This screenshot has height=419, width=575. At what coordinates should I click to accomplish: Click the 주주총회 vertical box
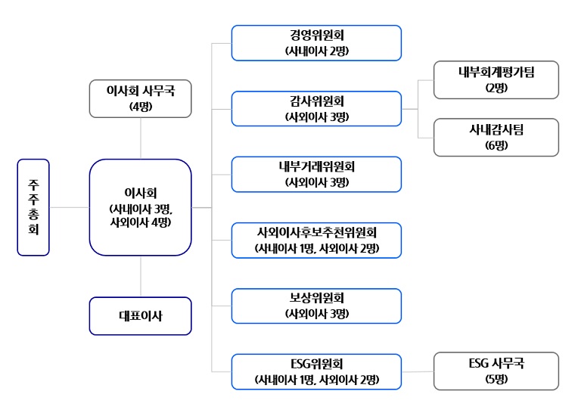point(33,207)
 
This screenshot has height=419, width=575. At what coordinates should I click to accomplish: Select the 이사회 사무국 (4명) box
point(141,98)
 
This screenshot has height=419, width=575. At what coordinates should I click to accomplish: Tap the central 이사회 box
point(141,207)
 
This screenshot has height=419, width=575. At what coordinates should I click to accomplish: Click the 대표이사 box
point(141,315)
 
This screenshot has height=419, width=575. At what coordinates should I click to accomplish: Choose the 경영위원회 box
point(316,43)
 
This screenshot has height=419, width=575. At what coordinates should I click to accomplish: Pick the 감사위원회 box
point(316,108)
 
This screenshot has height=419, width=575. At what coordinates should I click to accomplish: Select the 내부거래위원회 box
point(316,174)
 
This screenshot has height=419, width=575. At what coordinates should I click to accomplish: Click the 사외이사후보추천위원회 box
point(316,240)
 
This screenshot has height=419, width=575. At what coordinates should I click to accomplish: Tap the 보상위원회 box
point(316,306)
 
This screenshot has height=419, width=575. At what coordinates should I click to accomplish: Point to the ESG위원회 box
point(316,371)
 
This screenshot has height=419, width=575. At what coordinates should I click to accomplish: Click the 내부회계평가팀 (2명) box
point(496,80)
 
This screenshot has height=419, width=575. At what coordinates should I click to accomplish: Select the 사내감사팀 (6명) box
point(496,138)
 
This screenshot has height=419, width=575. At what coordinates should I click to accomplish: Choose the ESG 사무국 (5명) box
point(496,371)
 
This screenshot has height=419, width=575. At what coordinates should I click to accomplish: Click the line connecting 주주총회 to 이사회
point(70,207)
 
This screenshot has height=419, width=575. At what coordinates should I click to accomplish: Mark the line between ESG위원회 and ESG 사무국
point(418,371)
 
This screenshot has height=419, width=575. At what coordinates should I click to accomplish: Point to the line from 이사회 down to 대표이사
point(141,276)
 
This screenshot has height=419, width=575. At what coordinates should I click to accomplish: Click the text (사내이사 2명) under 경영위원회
point(317,51)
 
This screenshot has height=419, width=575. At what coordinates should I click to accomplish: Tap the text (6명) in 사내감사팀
point(496,145)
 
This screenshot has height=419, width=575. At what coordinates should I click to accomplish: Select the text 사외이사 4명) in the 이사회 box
point(141,222)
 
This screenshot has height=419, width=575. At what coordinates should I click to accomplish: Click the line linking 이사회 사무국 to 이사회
point(141,138)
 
